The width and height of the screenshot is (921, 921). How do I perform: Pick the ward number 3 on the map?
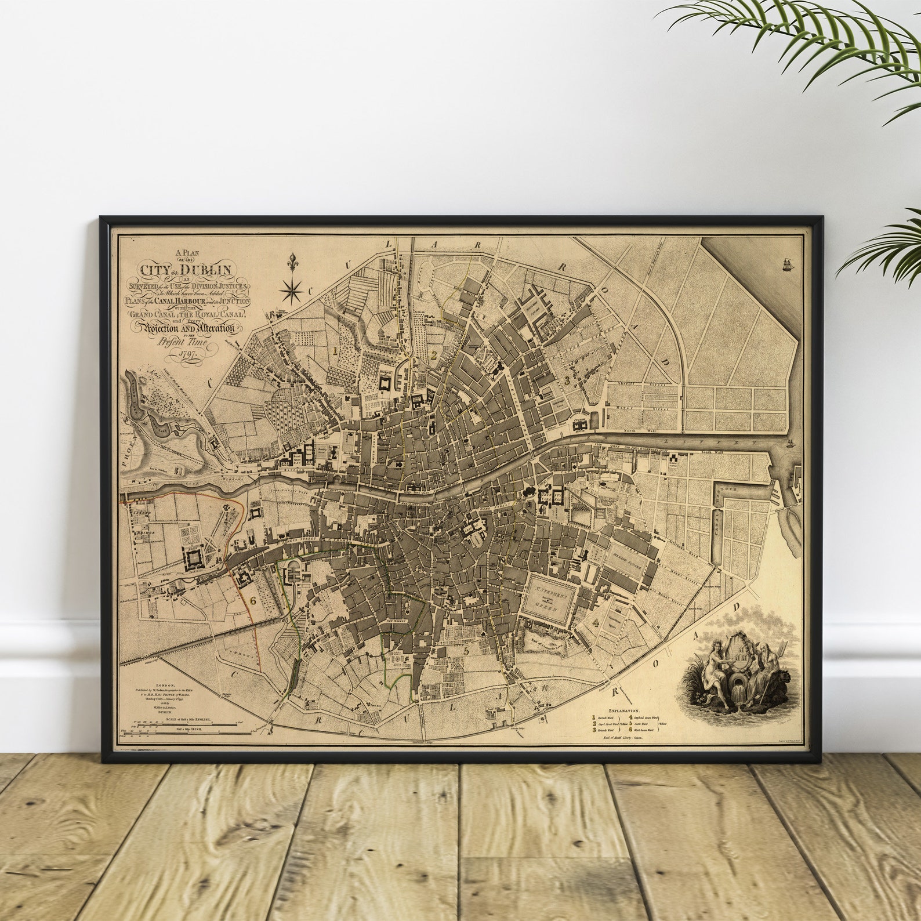coord(567,379)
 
